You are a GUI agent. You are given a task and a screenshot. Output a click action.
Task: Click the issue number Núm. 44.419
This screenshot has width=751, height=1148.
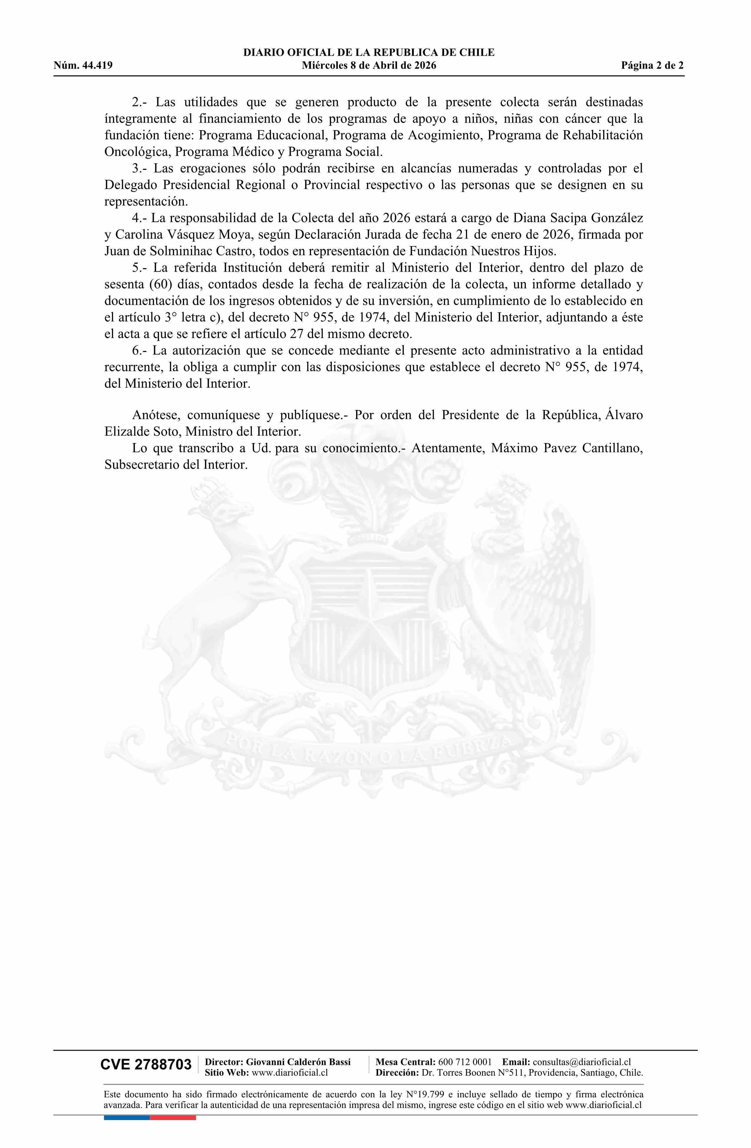point(83,66)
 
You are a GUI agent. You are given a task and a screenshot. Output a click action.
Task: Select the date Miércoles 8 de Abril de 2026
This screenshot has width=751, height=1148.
point(369,66)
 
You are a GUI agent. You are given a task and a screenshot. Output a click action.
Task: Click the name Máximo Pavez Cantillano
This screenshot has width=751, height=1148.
point(567,448)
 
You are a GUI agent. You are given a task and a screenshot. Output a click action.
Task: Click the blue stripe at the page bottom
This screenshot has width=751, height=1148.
point(126,1117)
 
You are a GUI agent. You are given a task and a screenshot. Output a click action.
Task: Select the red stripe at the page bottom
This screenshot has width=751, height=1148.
point(173,1117)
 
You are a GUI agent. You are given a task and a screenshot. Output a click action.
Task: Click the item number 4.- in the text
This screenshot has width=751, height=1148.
point(140,218)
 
